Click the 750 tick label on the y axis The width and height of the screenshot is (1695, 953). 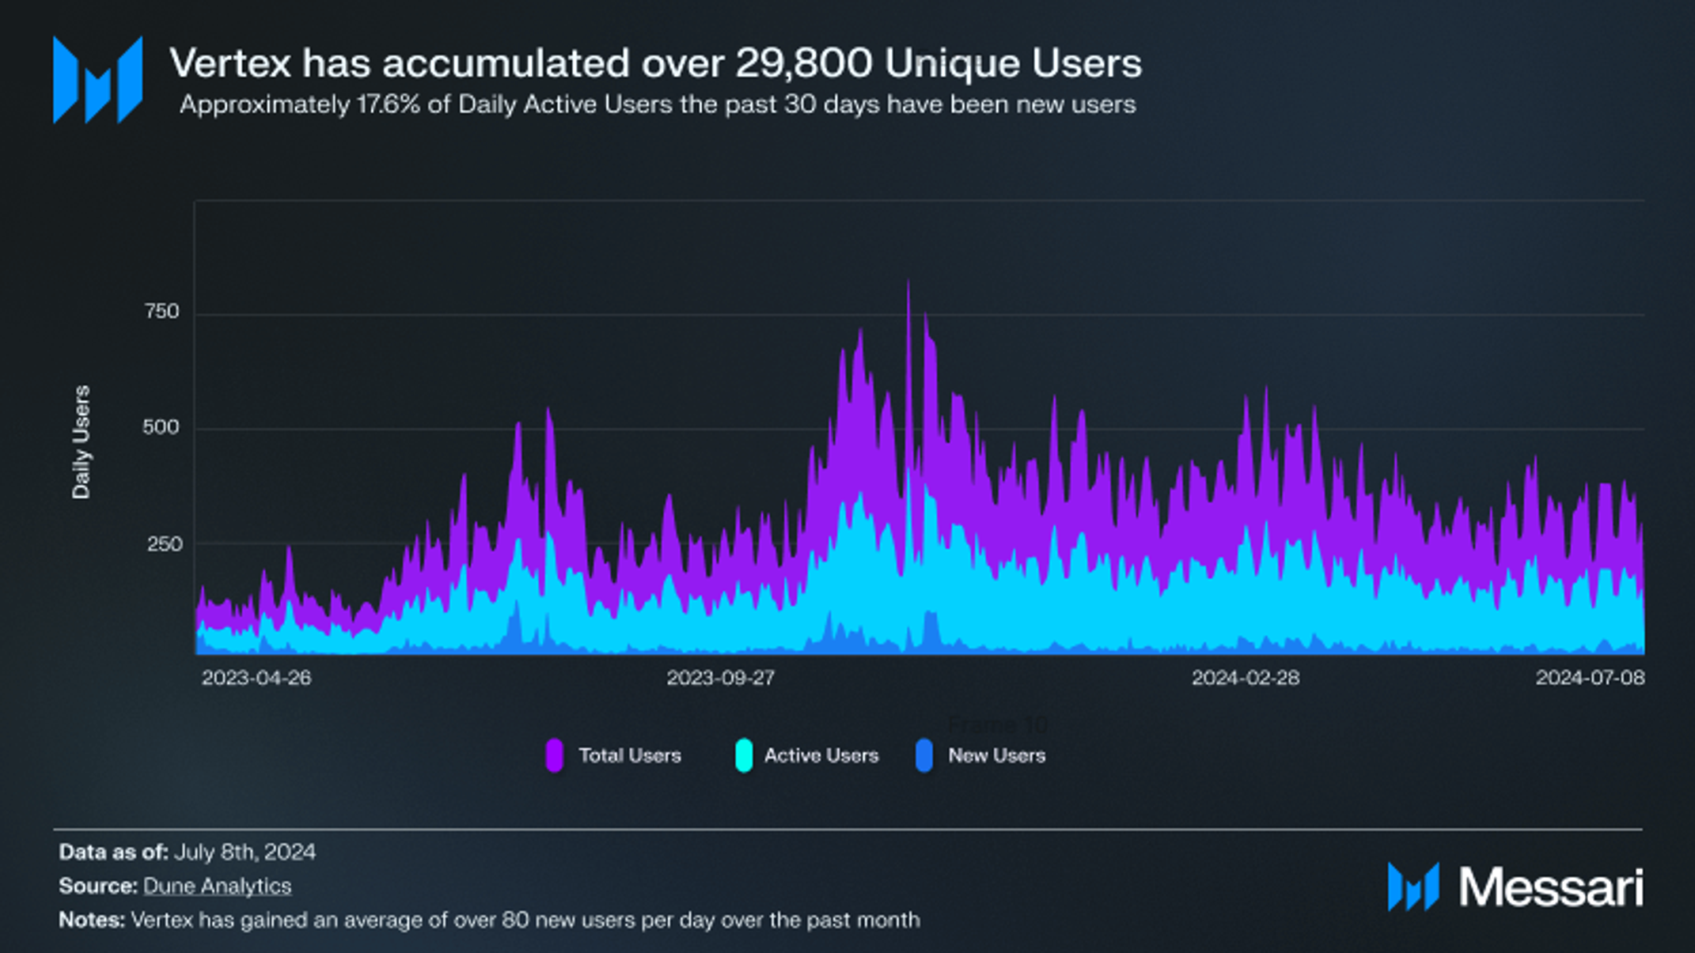click(x=162, y=312)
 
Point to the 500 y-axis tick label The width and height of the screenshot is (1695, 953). click(x=161, y=428)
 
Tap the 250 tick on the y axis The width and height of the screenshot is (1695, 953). click(x=165, y=544)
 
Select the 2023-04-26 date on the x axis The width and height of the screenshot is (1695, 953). click(x=256, y=678)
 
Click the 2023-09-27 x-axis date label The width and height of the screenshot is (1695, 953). click(x=720, y=678)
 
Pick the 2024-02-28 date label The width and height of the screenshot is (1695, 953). click(x=1246, y=678)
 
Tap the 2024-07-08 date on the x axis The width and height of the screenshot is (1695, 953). click(x=1590, y=678)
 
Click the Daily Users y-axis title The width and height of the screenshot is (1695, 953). click(x=82, y=442)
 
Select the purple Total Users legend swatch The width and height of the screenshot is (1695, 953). click(x=555, y=755)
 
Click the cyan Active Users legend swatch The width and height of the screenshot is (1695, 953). click(x=744, y=755)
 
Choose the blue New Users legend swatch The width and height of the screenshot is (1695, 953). click(x=924, y=755)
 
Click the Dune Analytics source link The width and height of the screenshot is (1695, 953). click(x=217, y=886)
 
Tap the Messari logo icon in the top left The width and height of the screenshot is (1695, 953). click(x=97, y=80)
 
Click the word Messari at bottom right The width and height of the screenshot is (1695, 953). click(x=1551, y=887)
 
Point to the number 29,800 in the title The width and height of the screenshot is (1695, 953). click(x=804, y=63)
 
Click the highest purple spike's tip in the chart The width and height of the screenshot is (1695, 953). click(x=908, y=282)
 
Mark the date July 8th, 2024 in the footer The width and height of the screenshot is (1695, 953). click(x=245, y=852)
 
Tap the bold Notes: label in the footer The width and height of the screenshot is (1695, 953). click(x=92, y=920)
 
